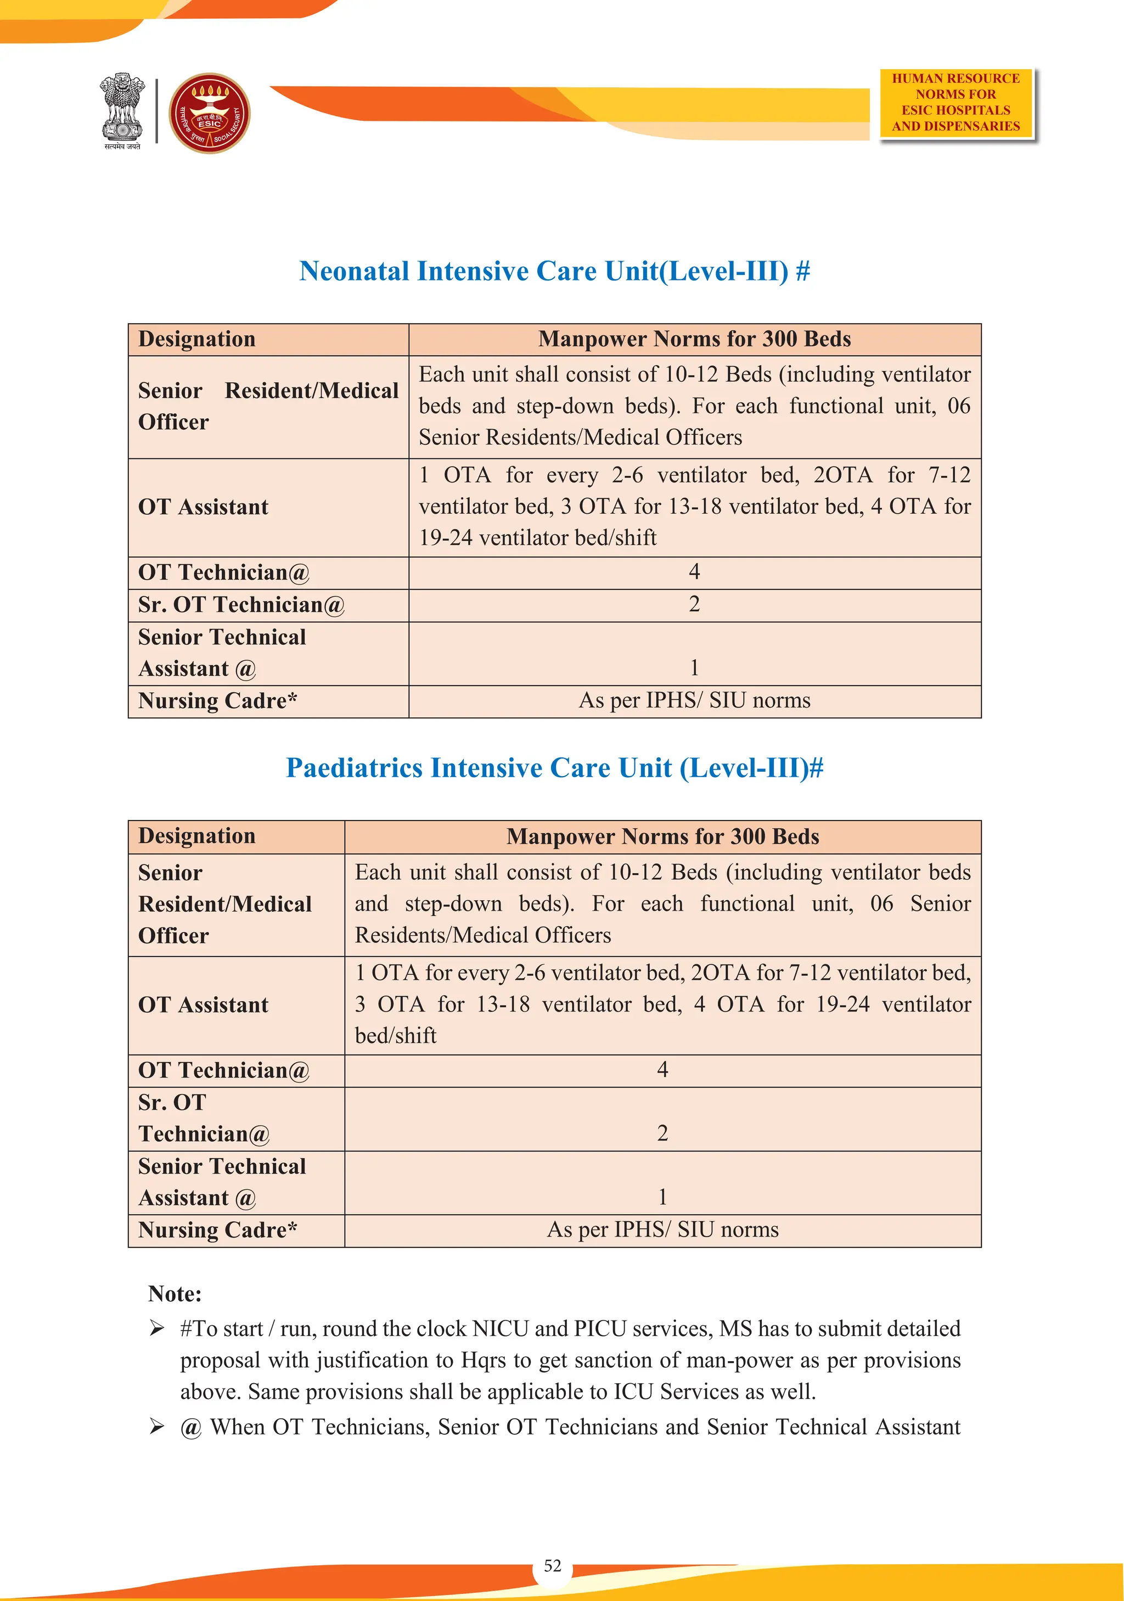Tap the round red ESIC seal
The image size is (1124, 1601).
coord(209,113)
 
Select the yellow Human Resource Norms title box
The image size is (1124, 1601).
coord(956,103)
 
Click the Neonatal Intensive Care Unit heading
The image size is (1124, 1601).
coord(554,271)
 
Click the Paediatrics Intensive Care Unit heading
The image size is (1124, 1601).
coord(554,768)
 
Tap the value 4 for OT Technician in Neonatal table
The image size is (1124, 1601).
coord(694,572)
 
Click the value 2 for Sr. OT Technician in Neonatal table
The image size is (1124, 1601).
coord(694,604)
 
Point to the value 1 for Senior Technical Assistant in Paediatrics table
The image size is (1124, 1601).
coord(662,1197)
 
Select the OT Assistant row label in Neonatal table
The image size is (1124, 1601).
coord(203,507)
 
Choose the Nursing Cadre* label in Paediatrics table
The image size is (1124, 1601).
coord(217,1230)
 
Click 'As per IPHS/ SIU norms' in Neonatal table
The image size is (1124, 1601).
coord(694,701)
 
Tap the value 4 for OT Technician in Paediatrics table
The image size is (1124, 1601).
coord(662,1070)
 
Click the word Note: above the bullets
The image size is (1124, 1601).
coord(175,1294)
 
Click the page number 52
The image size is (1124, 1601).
coord(552,1565)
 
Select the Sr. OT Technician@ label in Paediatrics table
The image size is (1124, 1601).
coord(204,1119)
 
